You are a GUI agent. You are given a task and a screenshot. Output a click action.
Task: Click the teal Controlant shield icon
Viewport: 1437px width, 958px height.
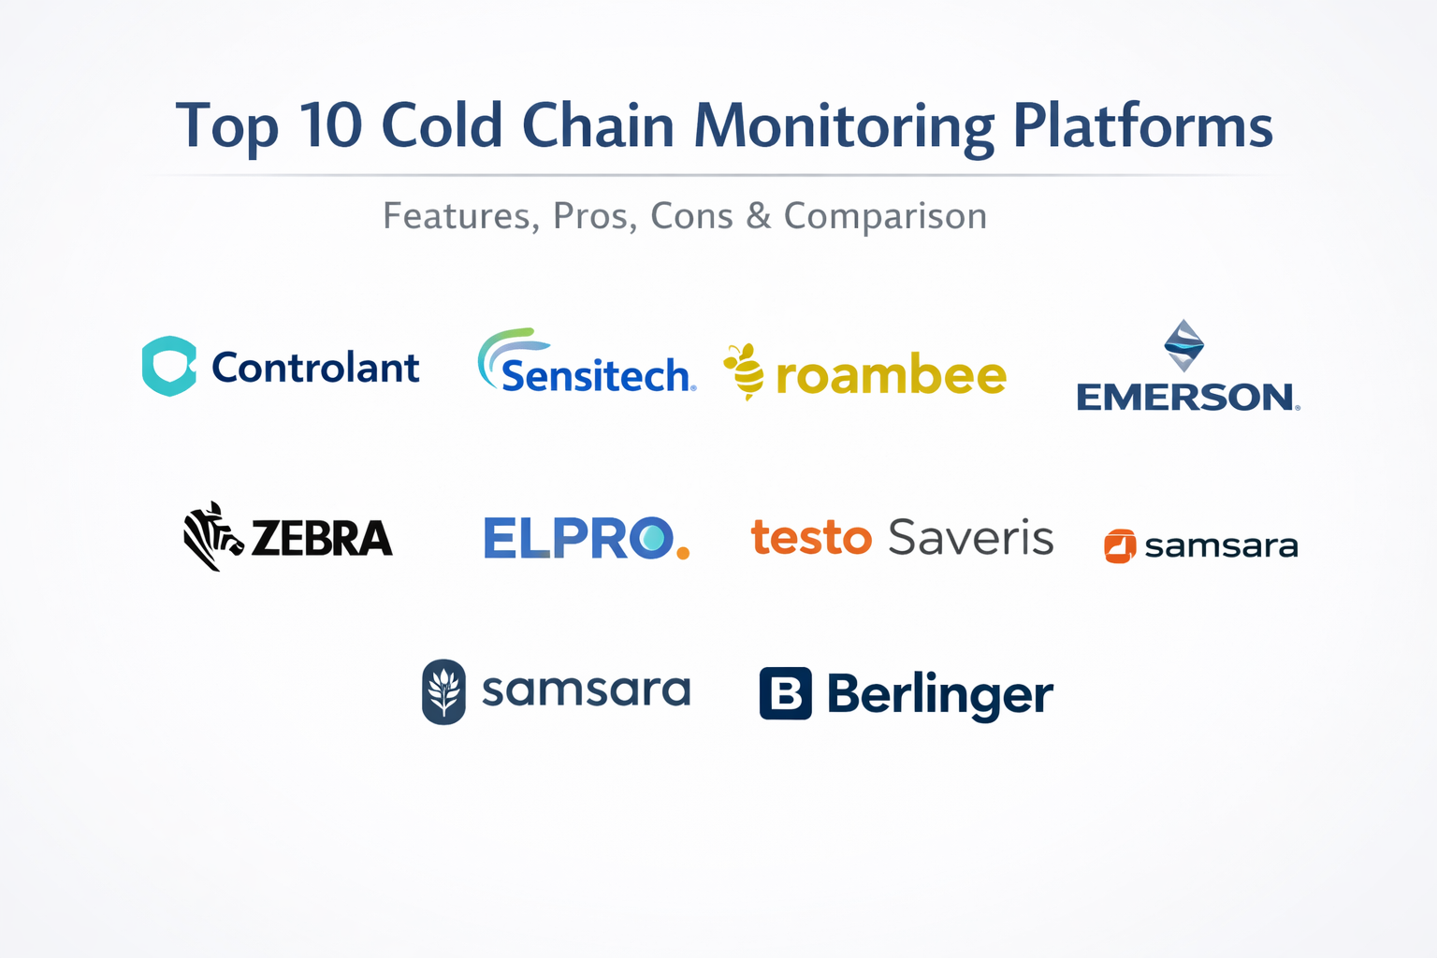[x=169, y=366]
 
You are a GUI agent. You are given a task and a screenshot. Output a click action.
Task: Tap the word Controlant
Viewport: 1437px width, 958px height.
[x=315, y=368]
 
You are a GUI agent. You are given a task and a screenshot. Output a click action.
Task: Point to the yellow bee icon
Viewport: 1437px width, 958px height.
[x=745, y=371]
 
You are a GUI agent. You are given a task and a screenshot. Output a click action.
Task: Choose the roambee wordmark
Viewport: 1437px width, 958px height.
[x=891, y=373]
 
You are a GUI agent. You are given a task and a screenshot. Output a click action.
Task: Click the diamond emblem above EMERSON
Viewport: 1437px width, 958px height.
[x=1183, y=345]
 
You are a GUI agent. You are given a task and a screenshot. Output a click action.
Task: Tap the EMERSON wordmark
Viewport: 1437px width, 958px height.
[x=1188, y=397]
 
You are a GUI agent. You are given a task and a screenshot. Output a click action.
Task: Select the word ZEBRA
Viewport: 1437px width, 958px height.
[x=322, y=538]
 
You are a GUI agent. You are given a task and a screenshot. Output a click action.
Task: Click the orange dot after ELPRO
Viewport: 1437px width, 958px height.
[x=683, y=552]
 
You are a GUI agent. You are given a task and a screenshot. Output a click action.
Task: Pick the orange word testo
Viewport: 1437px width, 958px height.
[x=811, y=537]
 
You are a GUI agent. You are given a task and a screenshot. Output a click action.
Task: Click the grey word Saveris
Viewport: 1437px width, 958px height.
[x=971, y=536]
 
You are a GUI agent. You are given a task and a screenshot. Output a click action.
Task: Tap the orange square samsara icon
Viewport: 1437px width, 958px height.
[x=1120, y=546]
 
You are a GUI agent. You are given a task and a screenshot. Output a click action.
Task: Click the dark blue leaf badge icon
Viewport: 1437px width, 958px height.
[x=444, y=691]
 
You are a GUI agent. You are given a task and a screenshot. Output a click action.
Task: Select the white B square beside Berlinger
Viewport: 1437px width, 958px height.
[x=786, y=693]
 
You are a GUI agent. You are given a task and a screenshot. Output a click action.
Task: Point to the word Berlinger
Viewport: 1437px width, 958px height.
[x=940, y=695]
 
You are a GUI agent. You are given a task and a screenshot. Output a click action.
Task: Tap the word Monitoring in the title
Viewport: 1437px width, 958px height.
[x=844, y=128]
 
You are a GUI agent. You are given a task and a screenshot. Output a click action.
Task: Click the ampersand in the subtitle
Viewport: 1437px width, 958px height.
[x=759, y=215]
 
